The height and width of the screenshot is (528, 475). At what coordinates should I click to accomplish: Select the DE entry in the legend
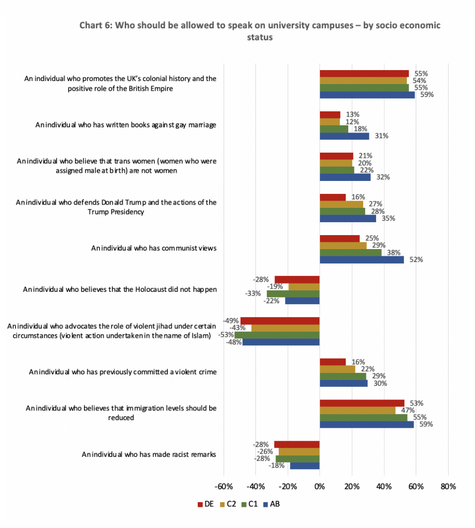pos(206,504)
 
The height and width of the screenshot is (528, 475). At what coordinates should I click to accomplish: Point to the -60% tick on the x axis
pos(224,486)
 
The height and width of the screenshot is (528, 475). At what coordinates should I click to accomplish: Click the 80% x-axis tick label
pos(448,486)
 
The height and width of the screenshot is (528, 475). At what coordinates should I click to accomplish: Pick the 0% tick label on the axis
pos(320,486)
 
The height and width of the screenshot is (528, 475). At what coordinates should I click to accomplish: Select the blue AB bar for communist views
pos(362,259)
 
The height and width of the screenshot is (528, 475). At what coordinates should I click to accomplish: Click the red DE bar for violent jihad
pos(280,321)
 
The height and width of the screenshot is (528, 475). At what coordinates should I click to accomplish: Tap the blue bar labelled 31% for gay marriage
pos(345,136)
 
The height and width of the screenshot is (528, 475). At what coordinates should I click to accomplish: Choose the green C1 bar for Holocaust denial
pos(293,293)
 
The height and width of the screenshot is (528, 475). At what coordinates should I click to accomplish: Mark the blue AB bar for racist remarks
pos(305,466)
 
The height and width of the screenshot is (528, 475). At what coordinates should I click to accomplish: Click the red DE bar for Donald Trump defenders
pos(333,197)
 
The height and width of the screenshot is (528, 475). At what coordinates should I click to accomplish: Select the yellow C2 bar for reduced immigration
pos(358,410)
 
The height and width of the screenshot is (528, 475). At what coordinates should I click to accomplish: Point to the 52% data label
pos(416,260)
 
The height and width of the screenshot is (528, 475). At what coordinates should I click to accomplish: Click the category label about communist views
pos(154,248)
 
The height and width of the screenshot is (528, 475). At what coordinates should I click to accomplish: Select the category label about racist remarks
pos(149,454)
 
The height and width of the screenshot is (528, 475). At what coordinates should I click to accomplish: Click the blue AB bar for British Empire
pos(367,94)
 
